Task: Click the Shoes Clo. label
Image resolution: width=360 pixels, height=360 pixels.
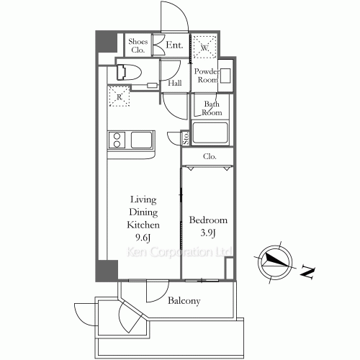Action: click(138, 46)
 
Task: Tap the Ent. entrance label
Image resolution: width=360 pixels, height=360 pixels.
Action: click(174, 45)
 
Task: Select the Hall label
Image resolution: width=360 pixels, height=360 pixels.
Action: click(174, 84)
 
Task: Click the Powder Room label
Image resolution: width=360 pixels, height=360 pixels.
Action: click(204, 76)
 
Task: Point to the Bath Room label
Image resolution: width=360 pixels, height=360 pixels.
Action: click(211, 109)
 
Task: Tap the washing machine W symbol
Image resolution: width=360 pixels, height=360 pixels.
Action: click(204, 48)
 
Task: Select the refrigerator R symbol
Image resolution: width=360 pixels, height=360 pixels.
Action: click(118, 95)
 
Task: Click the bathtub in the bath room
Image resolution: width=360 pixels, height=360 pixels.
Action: click(210, 133)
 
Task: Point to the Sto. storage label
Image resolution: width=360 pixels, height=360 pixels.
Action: click(185, 138)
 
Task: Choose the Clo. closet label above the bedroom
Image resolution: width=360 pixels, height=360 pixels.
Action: click(210, 156)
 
